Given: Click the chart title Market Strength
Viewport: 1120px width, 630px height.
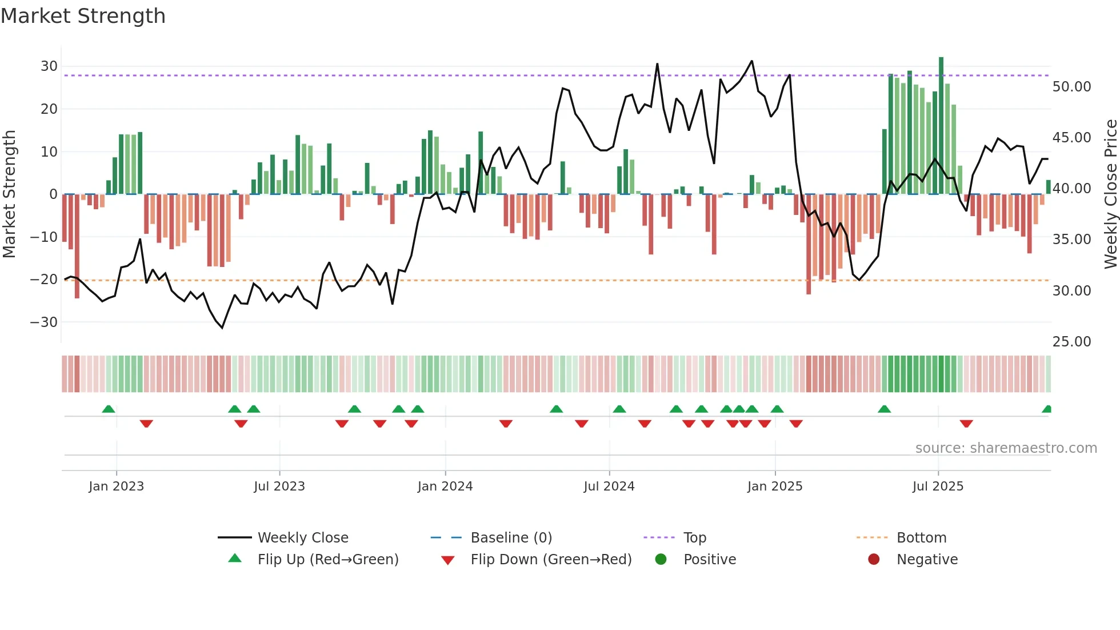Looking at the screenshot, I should [83, 16].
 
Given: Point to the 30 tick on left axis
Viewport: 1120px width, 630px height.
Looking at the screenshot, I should [49, 66].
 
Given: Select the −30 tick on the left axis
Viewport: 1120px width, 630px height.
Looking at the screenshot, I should [45, 322].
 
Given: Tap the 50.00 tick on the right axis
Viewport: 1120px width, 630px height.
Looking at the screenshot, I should [1071, 87].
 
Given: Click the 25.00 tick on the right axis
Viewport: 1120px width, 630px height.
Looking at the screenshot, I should [1071, 342].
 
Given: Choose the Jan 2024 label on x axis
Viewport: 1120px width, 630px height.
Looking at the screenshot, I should [445, 487].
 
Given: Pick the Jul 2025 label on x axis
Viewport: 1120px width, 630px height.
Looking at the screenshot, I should [938, 487].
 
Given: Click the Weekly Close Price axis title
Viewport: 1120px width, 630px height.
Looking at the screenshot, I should [1110, 194].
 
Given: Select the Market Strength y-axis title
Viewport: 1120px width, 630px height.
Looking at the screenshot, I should [9, 194].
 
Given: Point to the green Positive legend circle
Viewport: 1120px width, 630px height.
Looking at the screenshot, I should [661, 560].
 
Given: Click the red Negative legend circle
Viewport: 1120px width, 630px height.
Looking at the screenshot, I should [874, 560].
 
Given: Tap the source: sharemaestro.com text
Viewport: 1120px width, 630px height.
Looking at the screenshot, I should [1006, 448].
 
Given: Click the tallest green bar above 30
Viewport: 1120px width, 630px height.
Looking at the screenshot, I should [941, 126].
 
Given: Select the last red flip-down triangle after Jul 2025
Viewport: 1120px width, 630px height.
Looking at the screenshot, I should [966, 424].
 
